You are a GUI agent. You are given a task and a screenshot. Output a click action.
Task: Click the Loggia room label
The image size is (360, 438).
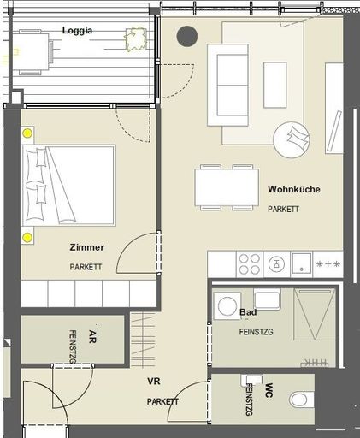point(77,31)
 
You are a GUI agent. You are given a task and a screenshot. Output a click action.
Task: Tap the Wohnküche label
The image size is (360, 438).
point(294,189)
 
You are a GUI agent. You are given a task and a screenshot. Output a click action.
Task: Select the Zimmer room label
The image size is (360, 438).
point(87,247)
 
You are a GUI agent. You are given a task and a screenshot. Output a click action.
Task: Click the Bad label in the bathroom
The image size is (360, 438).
point(248,312)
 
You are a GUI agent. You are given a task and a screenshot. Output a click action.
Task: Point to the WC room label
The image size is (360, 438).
point(269,390)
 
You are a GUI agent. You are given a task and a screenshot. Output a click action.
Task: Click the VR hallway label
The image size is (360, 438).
point(154,381)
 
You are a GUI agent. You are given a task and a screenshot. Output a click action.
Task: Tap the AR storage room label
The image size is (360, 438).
point(92,336)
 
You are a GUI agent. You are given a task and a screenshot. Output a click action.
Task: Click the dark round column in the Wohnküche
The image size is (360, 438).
point(187,36)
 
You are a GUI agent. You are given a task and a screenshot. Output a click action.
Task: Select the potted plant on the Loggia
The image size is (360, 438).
point(136,39)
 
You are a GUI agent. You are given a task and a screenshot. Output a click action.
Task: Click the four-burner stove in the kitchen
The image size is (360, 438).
point(250,264)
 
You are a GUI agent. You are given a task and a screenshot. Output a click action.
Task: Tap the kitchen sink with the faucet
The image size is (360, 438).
point(276,264)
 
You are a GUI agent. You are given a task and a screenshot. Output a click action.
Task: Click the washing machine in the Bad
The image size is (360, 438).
point(227,306)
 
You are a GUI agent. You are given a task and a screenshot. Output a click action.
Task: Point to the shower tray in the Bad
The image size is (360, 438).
point(315,314)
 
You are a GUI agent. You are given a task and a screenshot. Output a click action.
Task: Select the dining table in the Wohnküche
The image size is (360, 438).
point(227,187)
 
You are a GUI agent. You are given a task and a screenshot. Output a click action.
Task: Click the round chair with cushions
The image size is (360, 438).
point(292,139)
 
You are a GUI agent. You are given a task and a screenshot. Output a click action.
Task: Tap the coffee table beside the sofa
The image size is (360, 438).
point(275,85)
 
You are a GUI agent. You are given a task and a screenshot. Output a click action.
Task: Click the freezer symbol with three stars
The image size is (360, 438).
point(328,264)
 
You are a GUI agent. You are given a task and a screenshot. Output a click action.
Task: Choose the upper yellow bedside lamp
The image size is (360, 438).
point(27,133)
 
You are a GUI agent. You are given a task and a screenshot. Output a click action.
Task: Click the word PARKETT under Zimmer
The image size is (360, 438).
point(86,267)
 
